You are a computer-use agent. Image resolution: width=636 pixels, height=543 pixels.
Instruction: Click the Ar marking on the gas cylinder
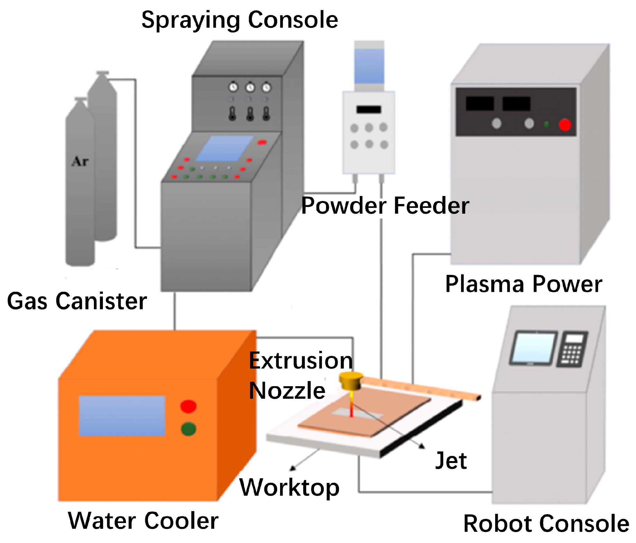(80, 161)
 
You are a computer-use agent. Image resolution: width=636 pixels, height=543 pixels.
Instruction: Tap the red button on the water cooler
(188, 406)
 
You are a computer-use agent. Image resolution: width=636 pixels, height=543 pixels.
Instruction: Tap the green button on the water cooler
(188, 429)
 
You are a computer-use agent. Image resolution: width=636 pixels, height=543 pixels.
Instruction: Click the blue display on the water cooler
(122, 416)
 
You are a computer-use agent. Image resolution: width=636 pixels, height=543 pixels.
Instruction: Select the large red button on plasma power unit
(565, 125)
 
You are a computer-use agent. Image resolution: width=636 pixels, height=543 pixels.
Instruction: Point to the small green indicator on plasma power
(546, 124)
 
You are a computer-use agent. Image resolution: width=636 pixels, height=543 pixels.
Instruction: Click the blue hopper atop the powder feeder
(369, 66)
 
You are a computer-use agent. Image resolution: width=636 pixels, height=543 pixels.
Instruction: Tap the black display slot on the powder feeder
(368, 110)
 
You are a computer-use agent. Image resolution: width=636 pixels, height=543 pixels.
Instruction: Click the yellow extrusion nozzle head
(351, 381)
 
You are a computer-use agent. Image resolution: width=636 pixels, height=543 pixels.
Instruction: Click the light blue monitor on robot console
(534, 348)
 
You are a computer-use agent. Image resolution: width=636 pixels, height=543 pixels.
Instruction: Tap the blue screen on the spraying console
(224, 148)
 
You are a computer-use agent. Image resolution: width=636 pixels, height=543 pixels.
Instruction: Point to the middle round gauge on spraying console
(250, 87)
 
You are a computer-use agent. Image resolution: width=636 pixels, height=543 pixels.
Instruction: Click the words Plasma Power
(523, 284)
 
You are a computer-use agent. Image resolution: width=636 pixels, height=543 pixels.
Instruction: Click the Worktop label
(289, 487)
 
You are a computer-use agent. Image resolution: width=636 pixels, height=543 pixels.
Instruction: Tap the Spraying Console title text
(240, 20)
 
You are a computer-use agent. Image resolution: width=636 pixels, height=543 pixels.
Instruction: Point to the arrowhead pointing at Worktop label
(293, 468)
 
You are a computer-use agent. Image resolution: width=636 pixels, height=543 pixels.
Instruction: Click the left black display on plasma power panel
(480, 103)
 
